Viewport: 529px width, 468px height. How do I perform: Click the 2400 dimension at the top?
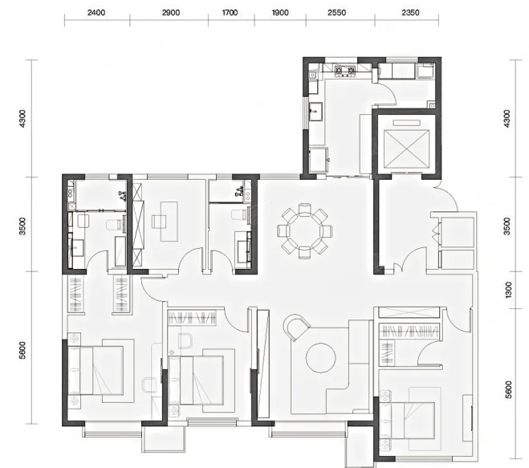(x=96, y=13)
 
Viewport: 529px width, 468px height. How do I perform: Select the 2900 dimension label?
(x=171, y=13)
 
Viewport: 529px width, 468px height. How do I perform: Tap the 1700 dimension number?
(x=230, y=13)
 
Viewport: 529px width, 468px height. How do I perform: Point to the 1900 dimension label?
(x=280, y=13)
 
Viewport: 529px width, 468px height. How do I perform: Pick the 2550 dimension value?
(x=336, y=13)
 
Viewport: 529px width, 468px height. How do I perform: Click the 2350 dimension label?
(x=410, y=13)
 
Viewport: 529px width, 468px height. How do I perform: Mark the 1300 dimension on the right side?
(x=509, y=290)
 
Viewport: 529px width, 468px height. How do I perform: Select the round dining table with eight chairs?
(x=305, y=231)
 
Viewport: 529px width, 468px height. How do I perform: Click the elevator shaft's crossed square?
(x=407, y=149)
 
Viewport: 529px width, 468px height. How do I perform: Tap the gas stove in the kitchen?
(x=345, y=71)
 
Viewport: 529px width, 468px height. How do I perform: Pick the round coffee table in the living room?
(x=320, y=358)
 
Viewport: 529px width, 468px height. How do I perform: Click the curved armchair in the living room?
(x=296, y=328)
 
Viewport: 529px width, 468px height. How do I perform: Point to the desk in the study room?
(x=169, y=222)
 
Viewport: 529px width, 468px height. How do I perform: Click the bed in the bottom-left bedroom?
(x=96, y=370)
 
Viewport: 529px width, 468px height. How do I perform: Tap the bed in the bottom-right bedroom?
(x=407, y=421)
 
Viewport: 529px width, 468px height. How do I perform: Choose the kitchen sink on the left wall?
(x=316, y=112)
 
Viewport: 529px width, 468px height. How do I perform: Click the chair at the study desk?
(x=157, y=222)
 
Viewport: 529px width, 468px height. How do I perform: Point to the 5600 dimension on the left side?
(x=22, y=351)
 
